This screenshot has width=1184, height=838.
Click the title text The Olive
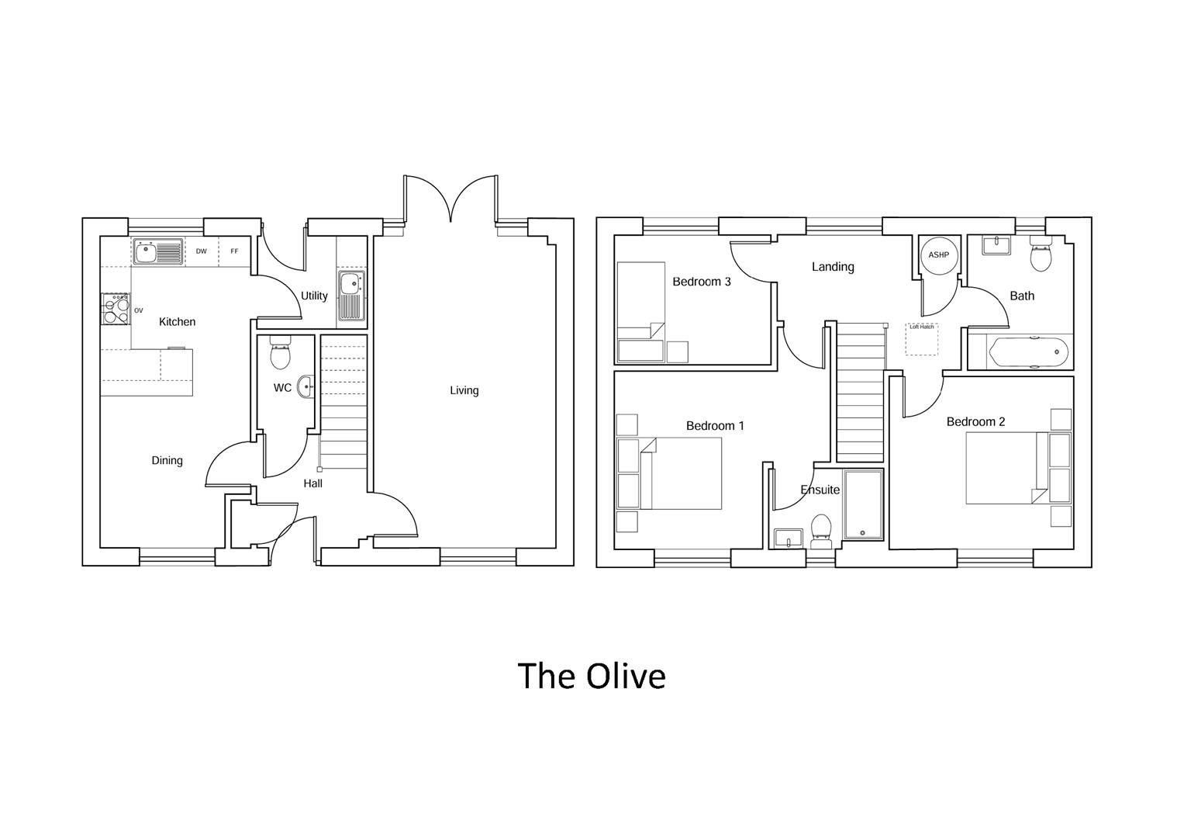591,676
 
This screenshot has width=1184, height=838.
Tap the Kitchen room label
177,322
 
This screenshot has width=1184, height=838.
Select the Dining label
167,461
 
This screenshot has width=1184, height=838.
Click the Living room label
464,391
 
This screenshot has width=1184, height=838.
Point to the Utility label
314,296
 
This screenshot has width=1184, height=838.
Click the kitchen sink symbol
157,251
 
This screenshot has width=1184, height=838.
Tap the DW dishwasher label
202,251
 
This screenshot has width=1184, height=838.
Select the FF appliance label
234,251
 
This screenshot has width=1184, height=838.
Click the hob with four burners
115,308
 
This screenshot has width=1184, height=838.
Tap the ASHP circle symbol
938,255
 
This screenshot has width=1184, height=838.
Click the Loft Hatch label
922,327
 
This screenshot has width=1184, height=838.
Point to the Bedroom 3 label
701,282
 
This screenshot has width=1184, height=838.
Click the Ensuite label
820,490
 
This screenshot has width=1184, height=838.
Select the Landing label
833,267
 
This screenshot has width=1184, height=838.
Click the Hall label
312,484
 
